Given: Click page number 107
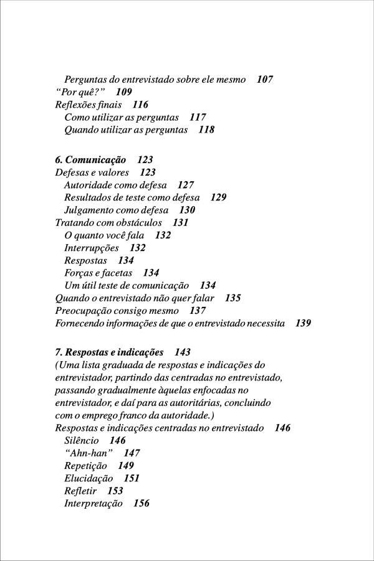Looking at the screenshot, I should tap(265, 80).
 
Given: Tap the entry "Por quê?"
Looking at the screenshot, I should tap(79, 92).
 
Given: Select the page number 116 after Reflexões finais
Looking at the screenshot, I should tap(140, 105).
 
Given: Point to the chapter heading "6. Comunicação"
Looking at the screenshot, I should tap(90, 160).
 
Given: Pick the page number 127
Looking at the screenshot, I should tap(186, 185).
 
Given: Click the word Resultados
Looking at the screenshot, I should tap(89, 197).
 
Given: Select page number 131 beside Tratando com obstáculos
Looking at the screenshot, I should tap(181, 222).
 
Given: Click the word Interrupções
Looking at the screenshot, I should tap(92, 248).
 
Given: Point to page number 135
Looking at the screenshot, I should tap(233, 298).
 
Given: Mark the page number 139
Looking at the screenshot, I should tap(304, 323).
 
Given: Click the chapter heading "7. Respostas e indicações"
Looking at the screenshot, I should tap(109, 352).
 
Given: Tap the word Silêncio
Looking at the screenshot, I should tap(82, 440).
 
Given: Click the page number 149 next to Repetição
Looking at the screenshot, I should tap(126, 465).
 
